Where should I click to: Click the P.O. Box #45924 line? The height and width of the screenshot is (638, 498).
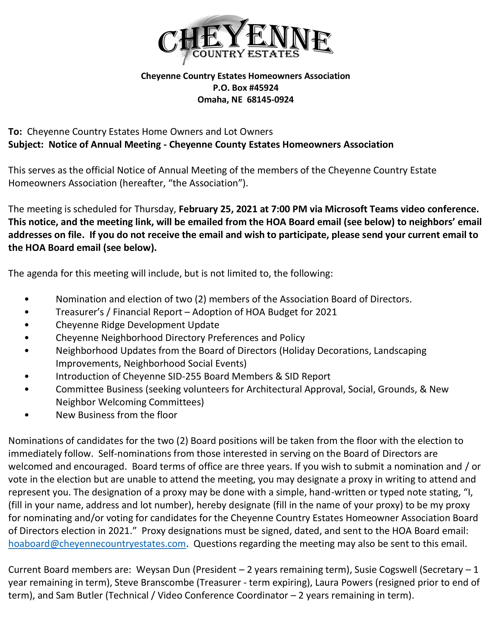pyautogui.click(x=245, y=88)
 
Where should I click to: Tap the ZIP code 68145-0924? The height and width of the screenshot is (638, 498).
pyautogui.click(x=270, y=100)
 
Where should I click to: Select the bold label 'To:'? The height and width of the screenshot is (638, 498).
pyautogui.click(x=15, y=132)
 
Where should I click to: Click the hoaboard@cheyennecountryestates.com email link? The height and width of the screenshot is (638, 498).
pyautogui.click(x=97, y=544)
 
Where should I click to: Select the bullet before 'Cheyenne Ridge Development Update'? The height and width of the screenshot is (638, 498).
pyautogui.click(x=27, y=325)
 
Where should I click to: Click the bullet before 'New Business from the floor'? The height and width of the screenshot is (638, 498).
pyautogui.click(x=27, y=415)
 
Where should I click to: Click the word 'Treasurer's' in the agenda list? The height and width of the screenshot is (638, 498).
pyautogui.click(x=80, y=312)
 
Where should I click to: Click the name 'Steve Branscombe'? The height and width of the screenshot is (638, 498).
pyautogui.click(x=154, y=583)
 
